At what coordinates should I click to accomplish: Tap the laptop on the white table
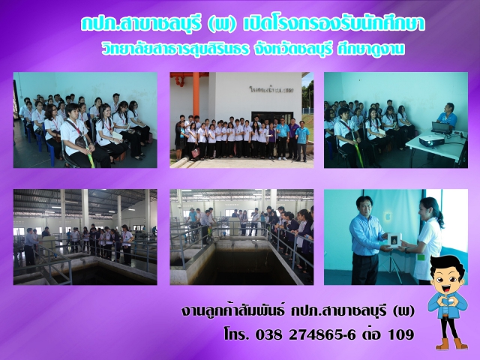tap(442, 127)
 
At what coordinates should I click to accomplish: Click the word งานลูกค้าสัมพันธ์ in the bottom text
tap(226, 310)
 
